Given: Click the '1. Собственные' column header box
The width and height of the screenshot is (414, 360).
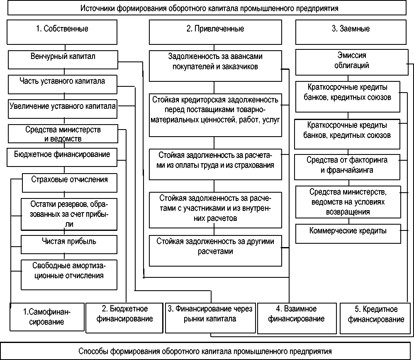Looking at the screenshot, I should pos(62,32).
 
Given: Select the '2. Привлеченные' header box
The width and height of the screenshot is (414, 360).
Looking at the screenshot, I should pos(214,32).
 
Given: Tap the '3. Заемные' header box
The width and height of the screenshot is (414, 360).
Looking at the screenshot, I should pos(351,32).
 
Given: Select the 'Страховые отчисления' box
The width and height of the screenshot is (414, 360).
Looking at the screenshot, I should pos(69,182).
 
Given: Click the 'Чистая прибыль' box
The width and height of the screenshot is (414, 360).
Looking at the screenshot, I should pos(69,244).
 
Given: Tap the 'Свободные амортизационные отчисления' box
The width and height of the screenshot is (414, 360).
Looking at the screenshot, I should pos(69,274).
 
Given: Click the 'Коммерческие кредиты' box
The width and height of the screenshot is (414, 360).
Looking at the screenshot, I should pos(348,233).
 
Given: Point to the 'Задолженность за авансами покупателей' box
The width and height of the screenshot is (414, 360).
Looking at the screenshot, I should pos(214,66).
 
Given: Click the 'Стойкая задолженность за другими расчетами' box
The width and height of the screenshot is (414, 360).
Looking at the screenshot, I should pos(215,250).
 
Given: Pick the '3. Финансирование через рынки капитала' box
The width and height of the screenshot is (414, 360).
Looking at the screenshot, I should pos(210,318).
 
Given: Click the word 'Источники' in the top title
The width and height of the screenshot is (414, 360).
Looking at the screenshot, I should pos(95,8).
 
